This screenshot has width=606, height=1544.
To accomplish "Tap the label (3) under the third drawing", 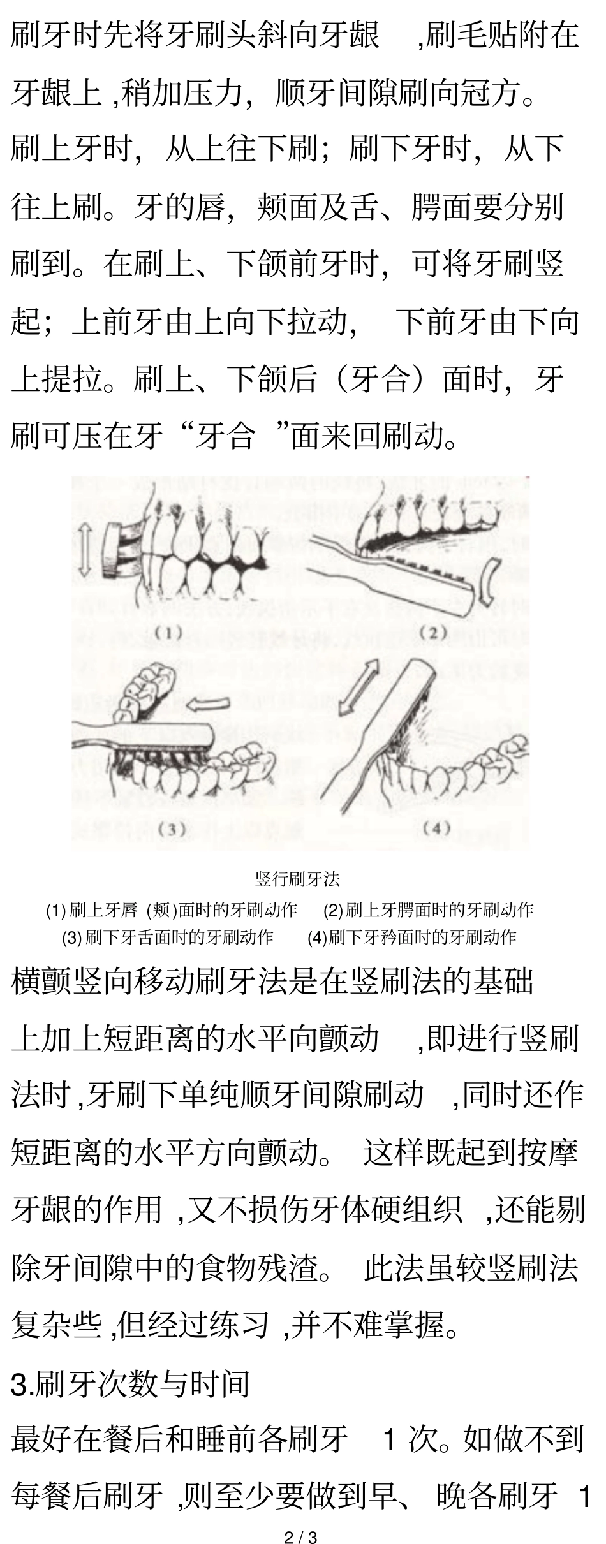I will point(172,829).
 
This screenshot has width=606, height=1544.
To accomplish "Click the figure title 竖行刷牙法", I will point(297,879).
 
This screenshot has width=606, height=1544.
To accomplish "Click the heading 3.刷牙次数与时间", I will point(130,1385).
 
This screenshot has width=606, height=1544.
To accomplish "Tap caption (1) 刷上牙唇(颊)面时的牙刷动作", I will point(172,910).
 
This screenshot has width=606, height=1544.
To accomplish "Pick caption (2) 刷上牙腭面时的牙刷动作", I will point(428,910).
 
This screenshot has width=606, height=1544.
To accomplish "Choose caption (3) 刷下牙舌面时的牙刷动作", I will point(168,937).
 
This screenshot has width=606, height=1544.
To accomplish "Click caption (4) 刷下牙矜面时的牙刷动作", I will point(412,937).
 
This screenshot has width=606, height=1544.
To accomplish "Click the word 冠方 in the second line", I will point(485,94).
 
